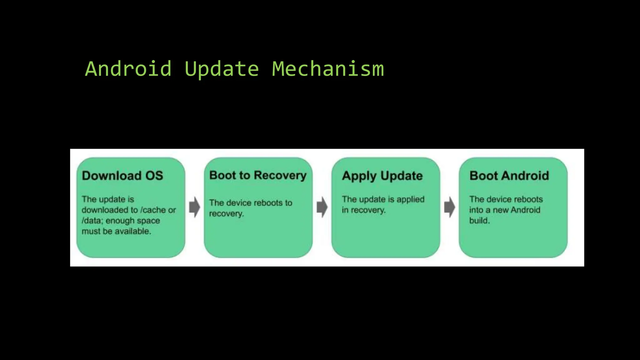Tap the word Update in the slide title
tap(222, 69)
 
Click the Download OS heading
tap(122, 176)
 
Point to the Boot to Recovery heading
tap(258, 175)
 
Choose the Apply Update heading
tap(382, 176)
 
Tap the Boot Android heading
tap(509, 176)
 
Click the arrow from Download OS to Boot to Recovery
tap(194, 207)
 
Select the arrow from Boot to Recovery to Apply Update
tap(322, 207)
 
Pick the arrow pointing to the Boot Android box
tap(449, 207)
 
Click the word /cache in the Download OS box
tap(153, 210)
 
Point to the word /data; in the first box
tap(92, 221)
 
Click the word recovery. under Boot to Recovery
tap(226, 214)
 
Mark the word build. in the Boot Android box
tap(479, 221)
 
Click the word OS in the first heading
tap(154, 176)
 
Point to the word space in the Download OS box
tap(148, 221)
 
